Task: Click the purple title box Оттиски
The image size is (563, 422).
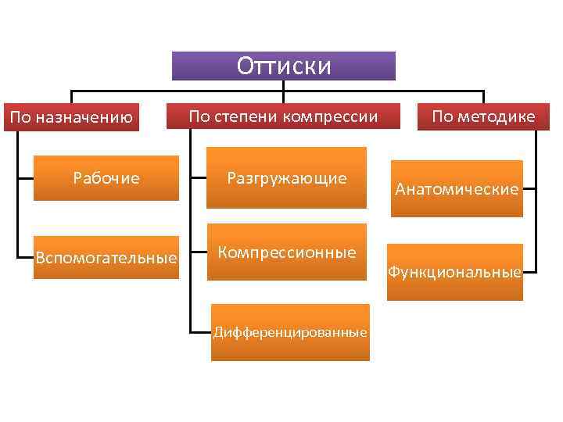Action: click(x=284, y=66)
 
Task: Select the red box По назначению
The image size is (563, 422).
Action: click(x=71, y=117)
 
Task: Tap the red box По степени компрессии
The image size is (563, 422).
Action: click(x=284, y=116)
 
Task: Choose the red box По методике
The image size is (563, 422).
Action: click(x=484, y=116)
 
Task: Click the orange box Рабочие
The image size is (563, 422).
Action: click(x=106, y=177)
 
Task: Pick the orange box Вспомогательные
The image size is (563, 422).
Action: click(x=106, y=257)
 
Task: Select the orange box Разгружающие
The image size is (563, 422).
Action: click(x=286, y=177)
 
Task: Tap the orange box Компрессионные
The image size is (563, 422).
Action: click(x=286, y=253)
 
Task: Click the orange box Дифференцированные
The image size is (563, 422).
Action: click(x=290, y=332)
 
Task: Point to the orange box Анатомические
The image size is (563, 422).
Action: click(x=457, y=188)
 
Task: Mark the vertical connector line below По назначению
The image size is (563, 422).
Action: click(x=17, y=195)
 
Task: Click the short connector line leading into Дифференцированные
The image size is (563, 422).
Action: click(x=201, y=331)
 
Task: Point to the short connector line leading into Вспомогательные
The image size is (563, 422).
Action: click(x=26, y=256)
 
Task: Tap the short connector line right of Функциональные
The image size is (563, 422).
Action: click(x=529, y=272)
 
